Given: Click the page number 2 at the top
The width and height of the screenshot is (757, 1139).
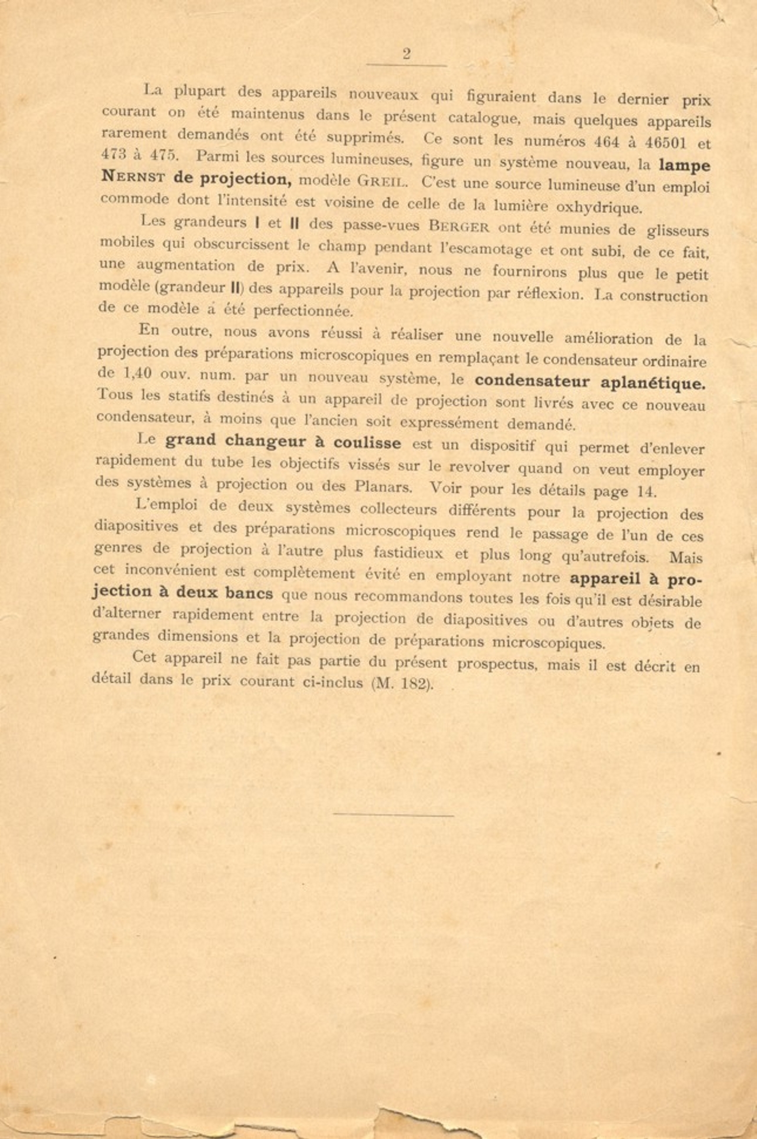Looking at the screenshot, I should (x=406, y=53).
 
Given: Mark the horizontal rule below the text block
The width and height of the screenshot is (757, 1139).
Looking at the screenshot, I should (x=393, y=814).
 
